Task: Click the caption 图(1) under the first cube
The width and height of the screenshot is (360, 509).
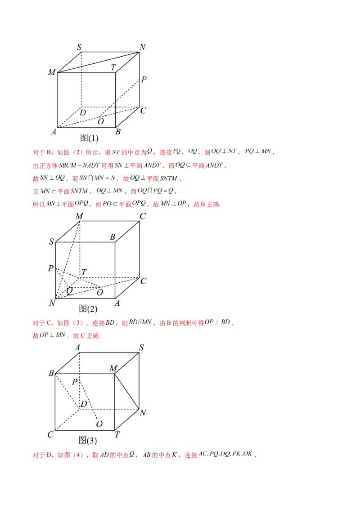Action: (x=90, y=138)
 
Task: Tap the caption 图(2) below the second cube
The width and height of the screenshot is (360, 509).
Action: (x=88, y=308)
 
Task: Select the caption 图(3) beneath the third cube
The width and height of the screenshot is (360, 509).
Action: (x=88, y=440)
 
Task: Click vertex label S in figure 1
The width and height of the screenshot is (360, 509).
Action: (x=79, y=47)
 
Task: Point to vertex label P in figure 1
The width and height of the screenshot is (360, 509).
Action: (x=144, y=79)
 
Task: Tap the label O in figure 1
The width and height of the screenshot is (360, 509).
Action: (x=101, y=121)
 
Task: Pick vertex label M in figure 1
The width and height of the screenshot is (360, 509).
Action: (x=52, y=72)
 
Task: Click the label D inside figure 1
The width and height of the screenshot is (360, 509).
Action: (x=83, y=112)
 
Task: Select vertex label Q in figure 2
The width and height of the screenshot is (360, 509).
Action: (x=70, y=290)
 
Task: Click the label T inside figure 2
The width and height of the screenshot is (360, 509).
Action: (x=84, y=272)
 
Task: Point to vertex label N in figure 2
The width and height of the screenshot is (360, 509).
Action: (x=52, y=303)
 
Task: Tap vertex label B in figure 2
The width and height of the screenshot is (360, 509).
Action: (x=112, y=237)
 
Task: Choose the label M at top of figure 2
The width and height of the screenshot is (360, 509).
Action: (x=79, y=216)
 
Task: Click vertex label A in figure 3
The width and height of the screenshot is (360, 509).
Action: (x=77, y=348)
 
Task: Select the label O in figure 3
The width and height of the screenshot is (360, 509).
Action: (x=99, y=424)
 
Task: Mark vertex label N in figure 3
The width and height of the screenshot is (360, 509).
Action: (x=143, y=413)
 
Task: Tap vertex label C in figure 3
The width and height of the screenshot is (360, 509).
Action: (x=50, y=434)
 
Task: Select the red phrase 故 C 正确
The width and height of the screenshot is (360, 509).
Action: (x=86, y=335)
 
